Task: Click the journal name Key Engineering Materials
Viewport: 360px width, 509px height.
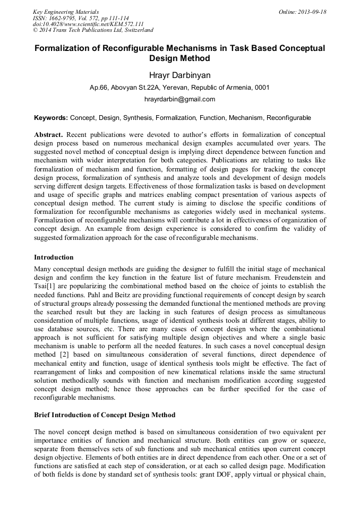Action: [66, 12]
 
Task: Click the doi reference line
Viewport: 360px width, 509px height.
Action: [88, 24]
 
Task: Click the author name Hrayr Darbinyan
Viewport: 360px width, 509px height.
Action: [179, 75]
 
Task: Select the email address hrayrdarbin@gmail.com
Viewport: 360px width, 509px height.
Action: [179, 99]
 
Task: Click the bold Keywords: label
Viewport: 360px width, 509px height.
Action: [51, 117]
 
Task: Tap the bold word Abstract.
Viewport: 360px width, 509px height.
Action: [48, 135]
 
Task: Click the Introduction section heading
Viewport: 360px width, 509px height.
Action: [54, 257]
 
